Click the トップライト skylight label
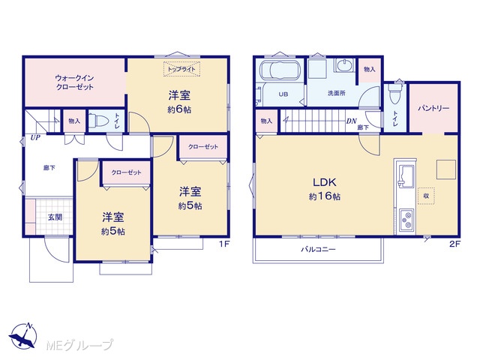tap(181, 69)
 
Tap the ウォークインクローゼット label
tap(74, 82)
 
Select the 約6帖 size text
tap(179, 109)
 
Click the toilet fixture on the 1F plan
tap(98, 121)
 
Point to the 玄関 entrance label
tap(55, 217)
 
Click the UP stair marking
tap(35, 138)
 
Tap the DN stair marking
tap(352, 121)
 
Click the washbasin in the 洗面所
tap(345, 65)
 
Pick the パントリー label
tap(433, 108)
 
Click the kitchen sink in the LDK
tap(406, 175)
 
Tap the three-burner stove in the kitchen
tap(406, 220)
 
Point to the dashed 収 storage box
tap(426, 196)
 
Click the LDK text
tap(325, 182)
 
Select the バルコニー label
tap(318, 250)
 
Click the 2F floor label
tap(455, 244)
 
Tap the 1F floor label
tap(224, 244)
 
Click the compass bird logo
tap(23, 337)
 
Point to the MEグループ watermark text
tap(79, 345)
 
